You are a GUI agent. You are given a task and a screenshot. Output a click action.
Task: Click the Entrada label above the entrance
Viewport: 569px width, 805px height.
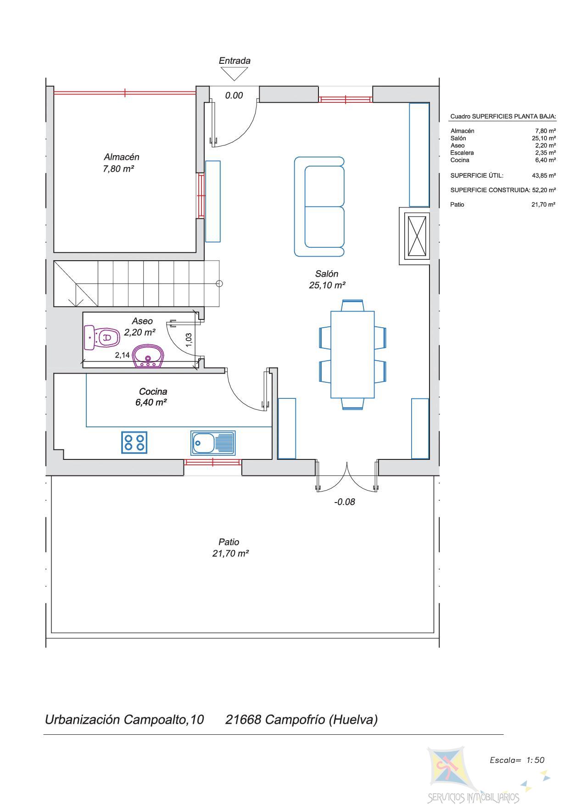[x=234, y=61]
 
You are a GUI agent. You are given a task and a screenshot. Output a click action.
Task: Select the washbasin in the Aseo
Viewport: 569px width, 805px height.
[x=148, y=357]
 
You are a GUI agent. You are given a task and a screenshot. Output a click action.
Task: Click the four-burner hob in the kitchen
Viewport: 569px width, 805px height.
[x=134, y=442]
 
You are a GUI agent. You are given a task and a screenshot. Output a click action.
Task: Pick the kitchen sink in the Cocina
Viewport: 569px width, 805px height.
[x=213, y=443]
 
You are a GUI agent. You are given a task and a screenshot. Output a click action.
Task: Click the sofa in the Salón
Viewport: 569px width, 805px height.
[x=319, y=207]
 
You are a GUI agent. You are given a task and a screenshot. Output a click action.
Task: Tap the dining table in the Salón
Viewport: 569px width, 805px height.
[x=352, y=355]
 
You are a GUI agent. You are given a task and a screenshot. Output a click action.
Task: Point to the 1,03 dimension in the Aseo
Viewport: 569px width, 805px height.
[x=189, y=340]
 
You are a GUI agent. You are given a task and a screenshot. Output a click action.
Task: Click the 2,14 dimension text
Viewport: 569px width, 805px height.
[x=122, y=355]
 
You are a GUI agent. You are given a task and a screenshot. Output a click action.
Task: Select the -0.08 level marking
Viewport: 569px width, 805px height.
[x=344, y=502]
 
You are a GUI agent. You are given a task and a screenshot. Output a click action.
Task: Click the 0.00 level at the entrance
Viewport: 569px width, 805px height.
[x=234, y=95]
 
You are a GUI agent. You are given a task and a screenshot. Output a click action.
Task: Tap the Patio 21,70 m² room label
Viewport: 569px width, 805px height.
[x=230, y=548]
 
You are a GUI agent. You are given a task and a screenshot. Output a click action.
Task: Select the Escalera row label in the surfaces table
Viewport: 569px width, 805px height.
[x=462, y=153]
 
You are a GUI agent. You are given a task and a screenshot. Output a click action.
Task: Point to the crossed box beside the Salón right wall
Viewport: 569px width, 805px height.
[x=417, y=236]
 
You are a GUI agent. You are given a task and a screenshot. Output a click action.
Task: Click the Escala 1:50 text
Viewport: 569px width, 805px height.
[x=517, y=760]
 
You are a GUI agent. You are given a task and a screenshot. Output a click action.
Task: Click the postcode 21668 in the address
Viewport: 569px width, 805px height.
[x=243, y=719]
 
